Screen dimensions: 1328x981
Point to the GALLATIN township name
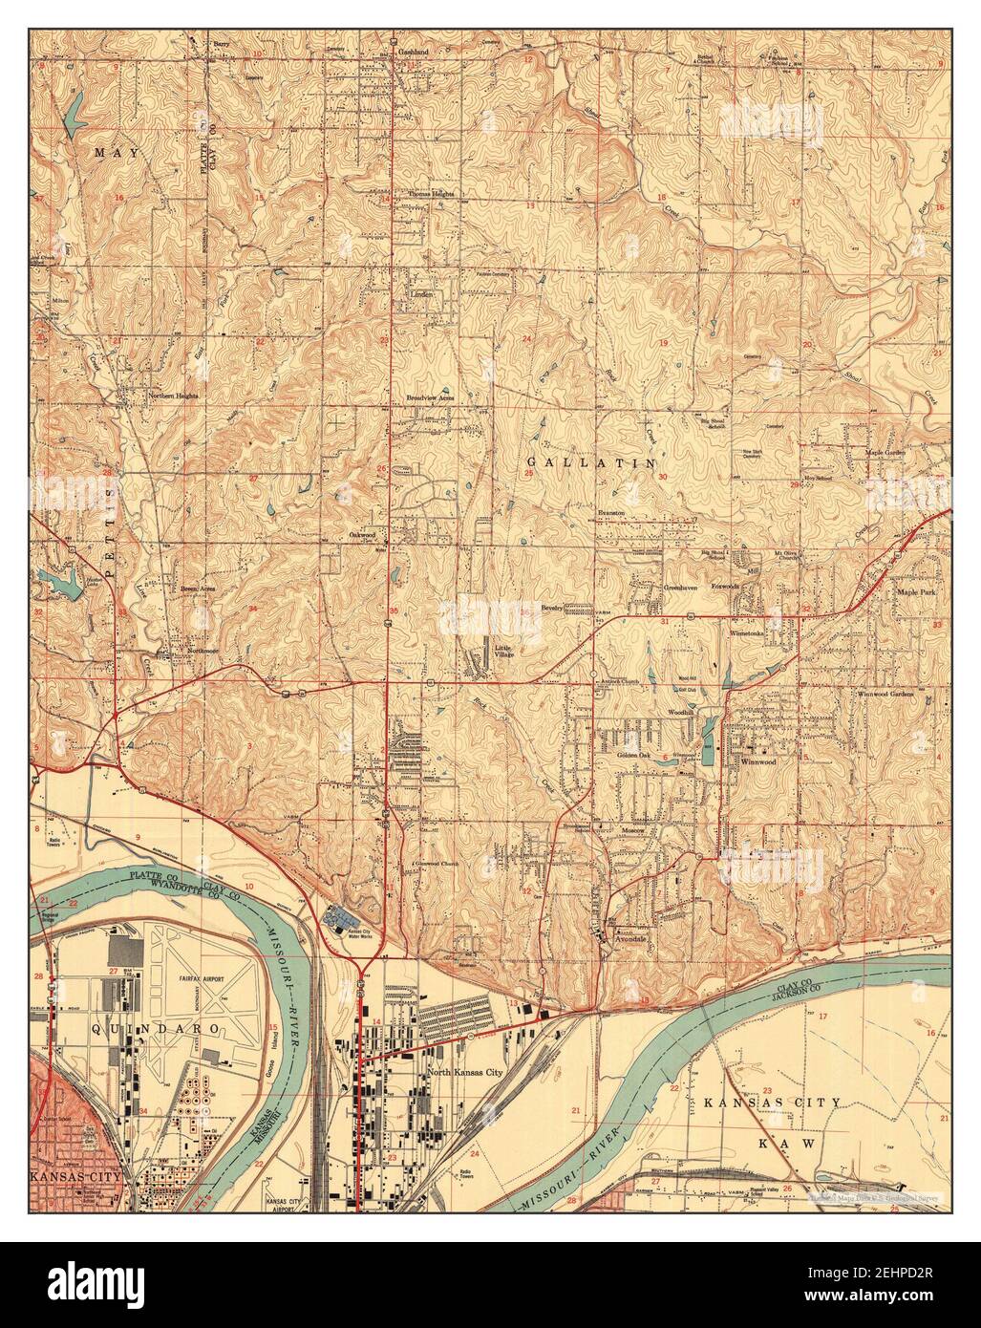click(592, 462)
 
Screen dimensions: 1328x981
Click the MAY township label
click(116, 153)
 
